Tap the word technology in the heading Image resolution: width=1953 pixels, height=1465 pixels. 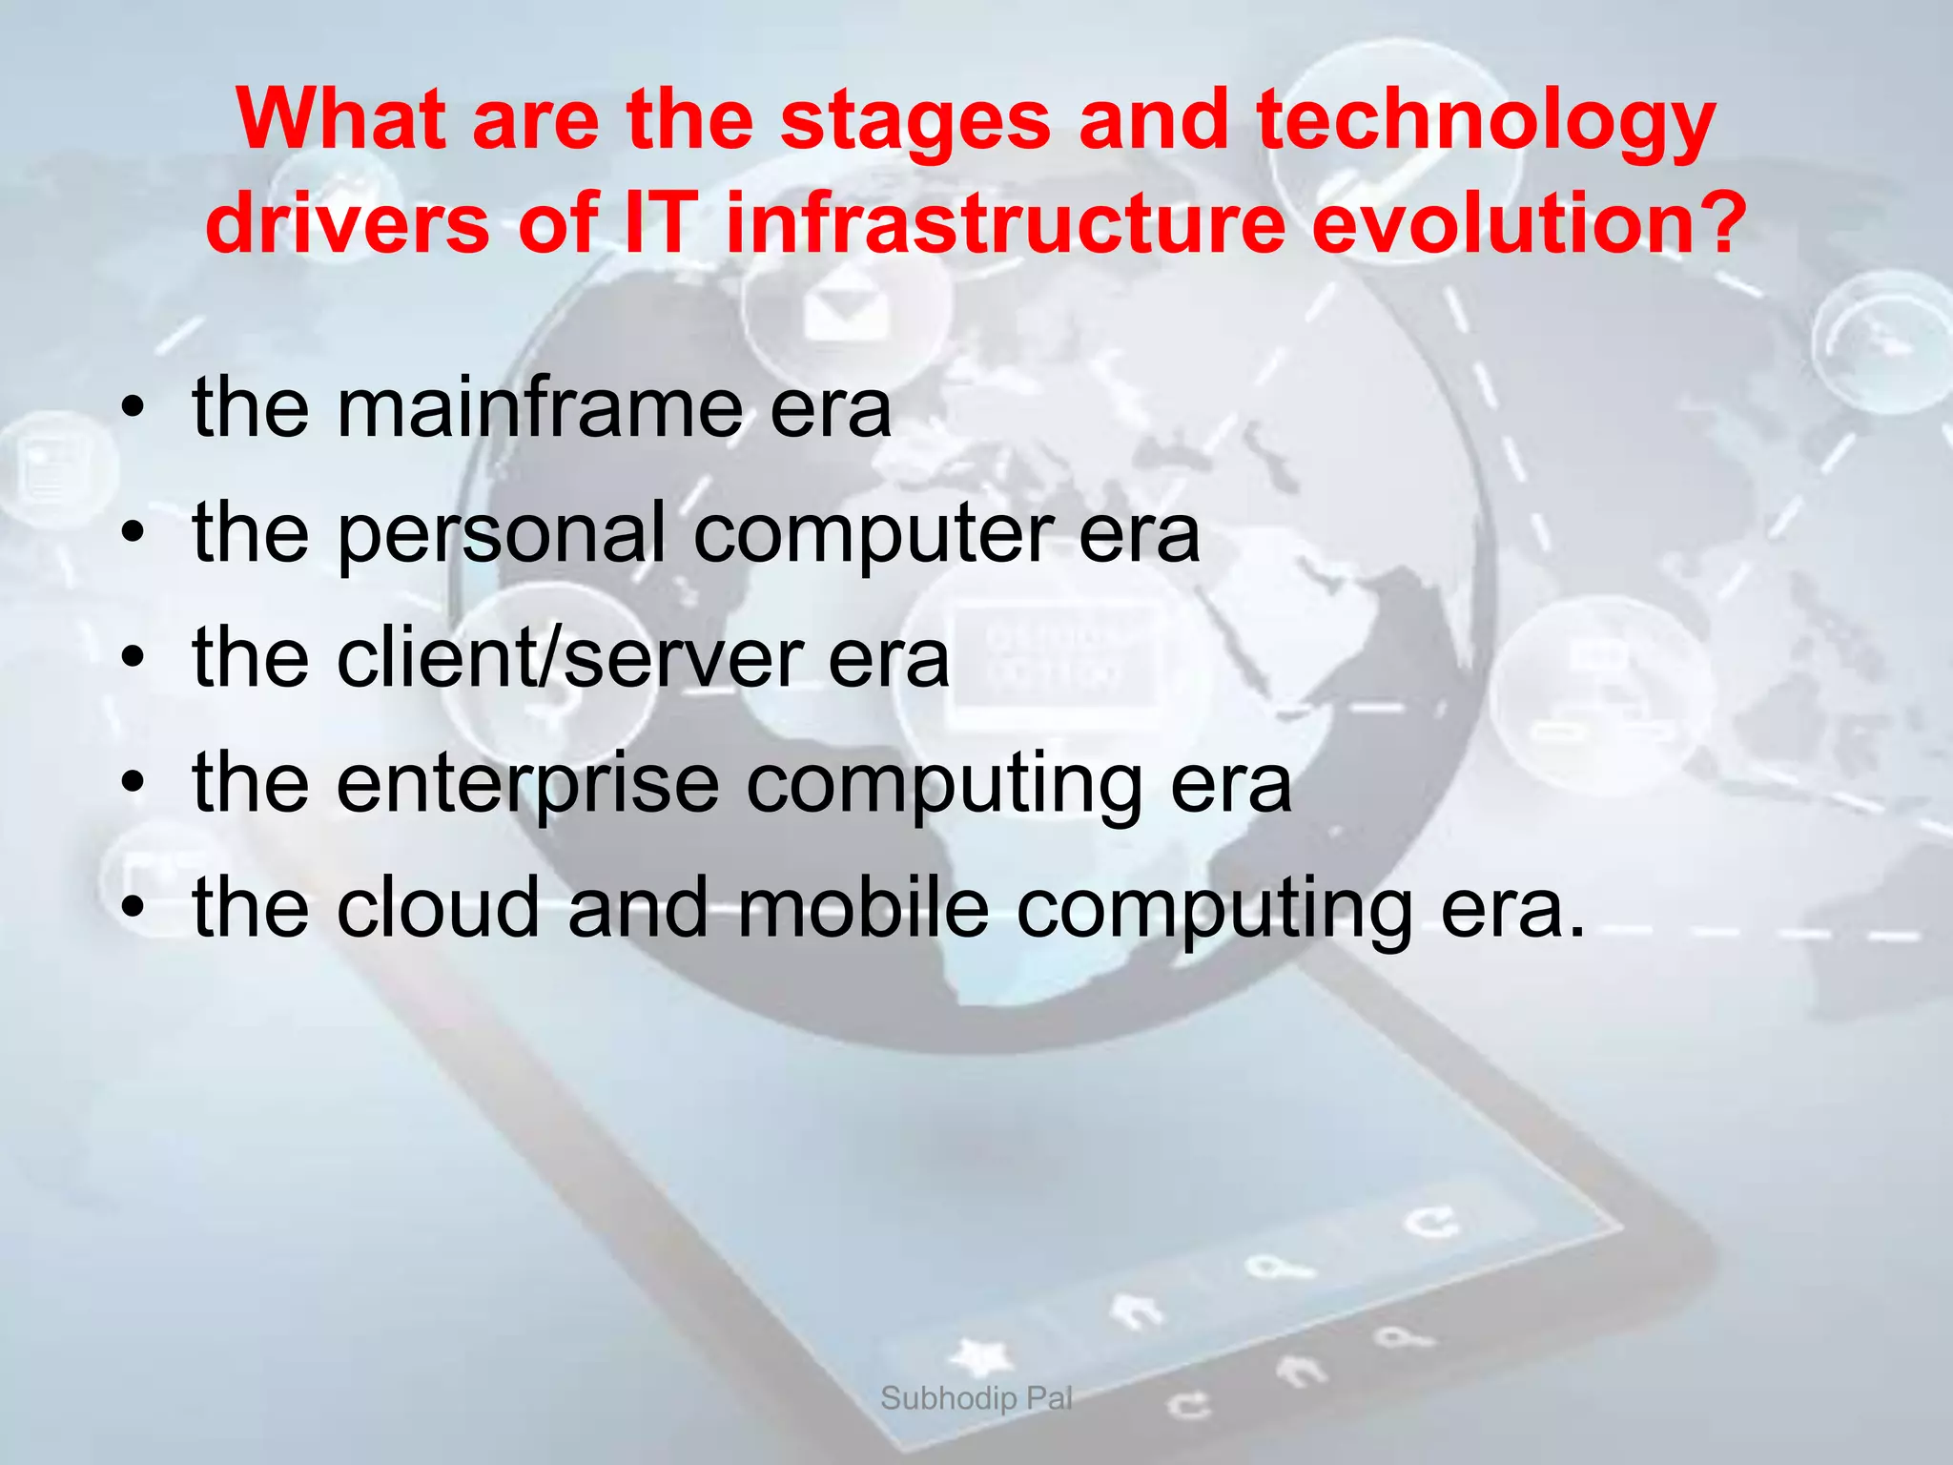click(1486, 122)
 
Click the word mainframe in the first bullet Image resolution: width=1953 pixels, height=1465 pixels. click(539, 408)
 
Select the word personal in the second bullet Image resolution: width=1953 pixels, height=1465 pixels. click(501, 534)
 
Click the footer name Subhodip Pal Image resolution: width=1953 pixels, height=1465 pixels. click(976, 1398)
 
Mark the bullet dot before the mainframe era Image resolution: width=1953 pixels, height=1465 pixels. click(133, 410)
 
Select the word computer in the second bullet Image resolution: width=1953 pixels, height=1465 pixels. click(874, 534)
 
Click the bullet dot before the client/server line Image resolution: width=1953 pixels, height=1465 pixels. click(133, 659)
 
